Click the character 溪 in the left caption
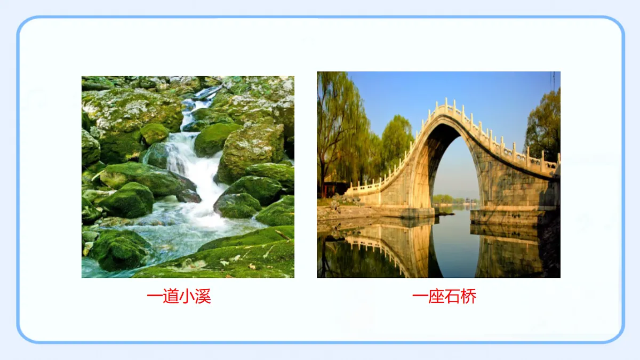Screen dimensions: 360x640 point(203,297)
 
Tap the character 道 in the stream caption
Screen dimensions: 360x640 point(171,297)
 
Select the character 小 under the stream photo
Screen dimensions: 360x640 point(187,297)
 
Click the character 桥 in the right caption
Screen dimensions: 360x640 point(468,297)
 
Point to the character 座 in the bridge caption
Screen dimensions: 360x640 point(436,297)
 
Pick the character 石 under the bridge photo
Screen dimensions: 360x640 point(452,297)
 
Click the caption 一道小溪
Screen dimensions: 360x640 point(179,297)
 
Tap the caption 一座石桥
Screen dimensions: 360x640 point(444,297)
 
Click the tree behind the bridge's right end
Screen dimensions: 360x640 point(544,125)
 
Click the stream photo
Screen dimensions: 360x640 point(188,177)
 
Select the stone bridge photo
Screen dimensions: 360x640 point(438,174)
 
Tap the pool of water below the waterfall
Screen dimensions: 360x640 point(176,235)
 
